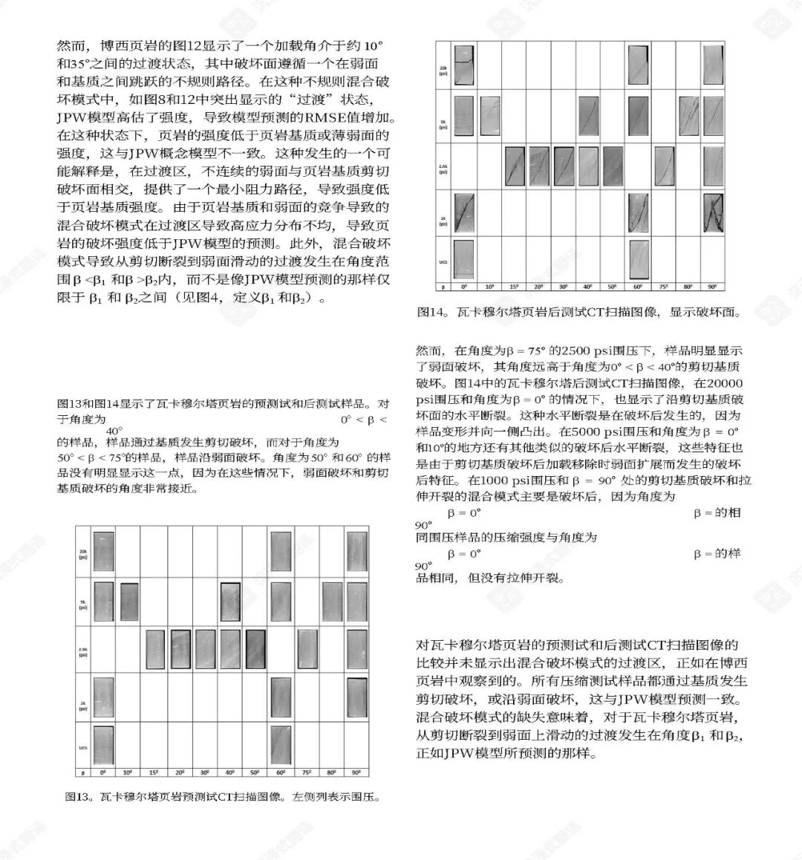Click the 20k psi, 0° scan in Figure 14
[x=464, y=66]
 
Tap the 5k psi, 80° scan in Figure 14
[x=688, y=115]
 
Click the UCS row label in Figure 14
[x=443, y=262]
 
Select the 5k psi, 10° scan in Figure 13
[x=129, y=601]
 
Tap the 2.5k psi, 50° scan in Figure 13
[x=255, y=650]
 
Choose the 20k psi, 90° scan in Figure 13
[x=357, y=551]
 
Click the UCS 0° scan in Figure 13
[x=103, y=744]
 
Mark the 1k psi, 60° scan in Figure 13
[x=281, y=697]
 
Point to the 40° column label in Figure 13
[x=229, y=772]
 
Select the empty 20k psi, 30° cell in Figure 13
[x=205, y=553]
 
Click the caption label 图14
[x=429, y=312]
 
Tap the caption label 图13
[x=76, y=797]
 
